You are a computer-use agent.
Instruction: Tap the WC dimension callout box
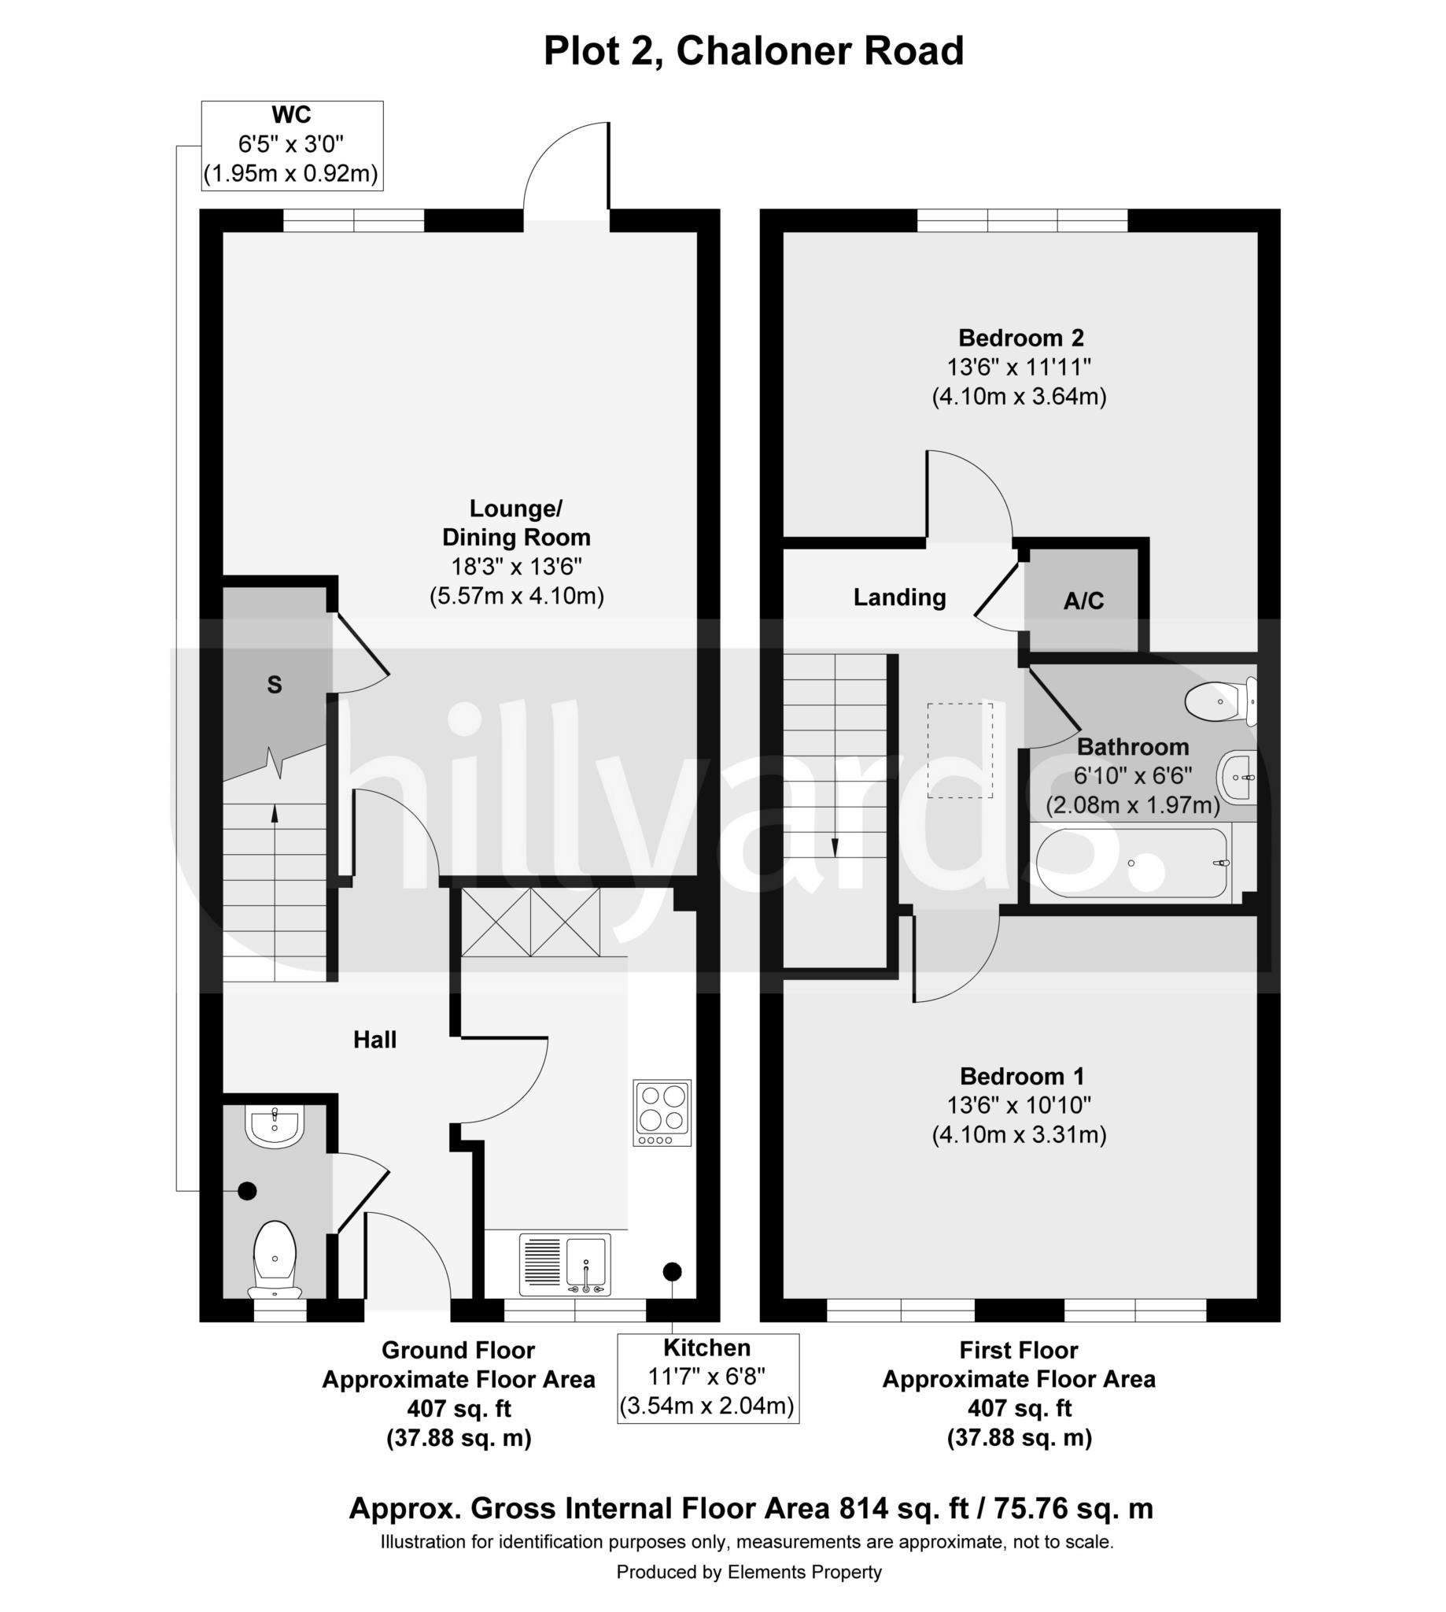(293, 146)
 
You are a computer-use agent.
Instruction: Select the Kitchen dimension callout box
(708, 1377)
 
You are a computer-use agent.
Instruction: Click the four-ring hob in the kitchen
(662, 1112)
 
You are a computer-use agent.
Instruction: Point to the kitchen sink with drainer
(565, 1264)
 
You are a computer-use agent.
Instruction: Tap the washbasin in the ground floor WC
(275, 1126)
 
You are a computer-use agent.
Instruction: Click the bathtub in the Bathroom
(1132, 864)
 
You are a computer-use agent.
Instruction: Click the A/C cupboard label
(1083, 601)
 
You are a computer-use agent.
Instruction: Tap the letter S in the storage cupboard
(274, 684)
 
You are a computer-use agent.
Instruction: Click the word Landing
(899, 597)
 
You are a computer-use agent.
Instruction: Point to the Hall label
(375, 1039)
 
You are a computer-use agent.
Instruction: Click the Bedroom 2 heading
(1021, 338)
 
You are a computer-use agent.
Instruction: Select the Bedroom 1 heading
(1022, 1076)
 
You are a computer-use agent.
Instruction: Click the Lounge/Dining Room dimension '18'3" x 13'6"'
(517, 567)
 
